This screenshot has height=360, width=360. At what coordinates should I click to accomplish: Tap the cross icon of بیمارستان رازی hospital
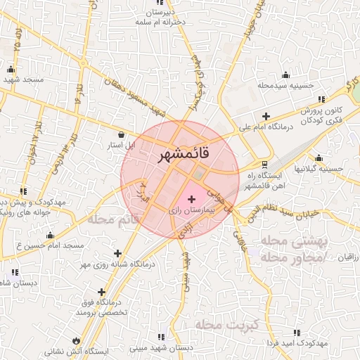[x=192, y=200]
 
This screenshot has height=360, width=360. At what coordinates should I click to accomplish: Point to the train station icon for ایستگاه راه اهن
[x=264, y=162]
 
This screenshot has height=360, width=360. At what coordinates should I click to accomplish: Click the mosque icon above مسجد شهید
[x=11, y=69]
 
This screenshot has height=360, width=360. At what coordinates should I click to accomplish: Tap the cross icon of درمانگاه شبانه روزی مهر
[x=117, y=253]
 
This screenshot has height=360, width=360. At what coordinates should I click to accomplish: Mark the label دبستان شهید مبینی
[x=167, y=348]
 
